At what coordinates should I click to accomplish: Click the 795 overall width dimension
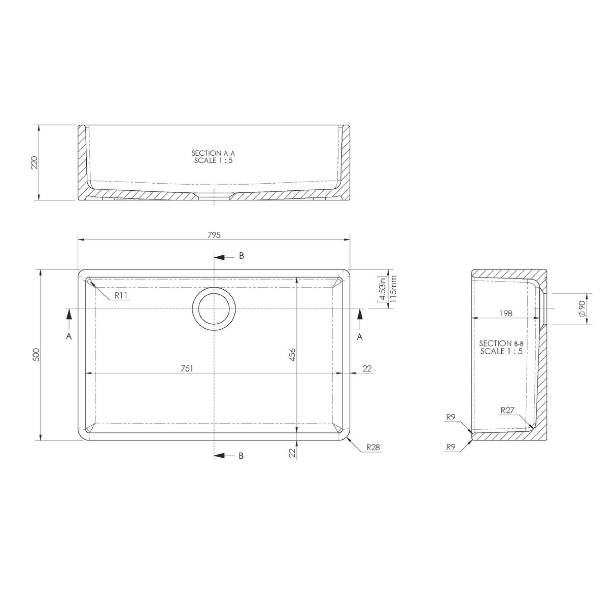214,235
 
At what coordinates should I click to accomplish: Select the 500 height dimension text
36,354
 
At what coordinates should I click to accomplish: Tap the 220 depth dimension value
35,162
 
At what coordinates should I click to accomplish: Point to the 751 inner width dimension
187,368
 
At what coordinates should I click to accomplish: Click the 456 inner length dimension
292,354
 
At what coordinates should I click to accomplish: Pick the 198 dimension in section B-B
505,314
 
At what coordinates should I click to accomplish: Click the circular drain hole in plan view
214,309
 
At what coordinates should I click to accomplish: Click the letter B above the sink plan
242,256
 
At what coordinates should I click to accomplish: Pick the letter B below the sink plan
242,456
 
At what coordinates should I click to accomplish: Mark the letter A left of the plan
69,336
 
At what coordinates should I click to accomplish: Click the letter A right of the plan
360,336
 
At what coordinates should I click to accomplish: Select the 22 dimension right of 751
368,368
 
